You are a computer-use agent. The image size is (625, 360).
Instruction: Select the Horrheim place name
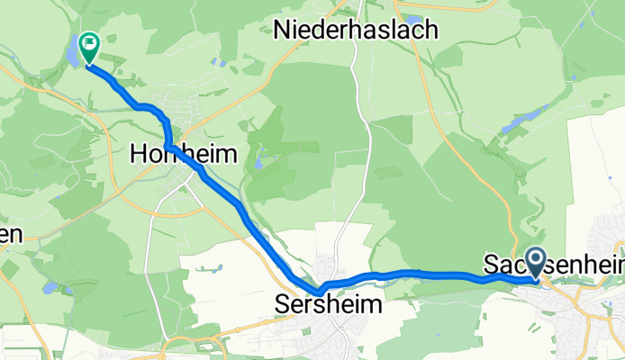tap(184, 154)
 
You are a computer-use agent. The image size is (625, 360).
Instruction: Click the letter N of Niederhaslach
tap(282, 30)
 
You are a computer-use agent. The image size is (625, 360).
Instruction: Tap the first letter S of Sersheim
tap(279, 305)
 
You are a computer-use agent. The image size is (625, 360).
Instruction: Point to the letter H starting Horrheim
tap(138, 154)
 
